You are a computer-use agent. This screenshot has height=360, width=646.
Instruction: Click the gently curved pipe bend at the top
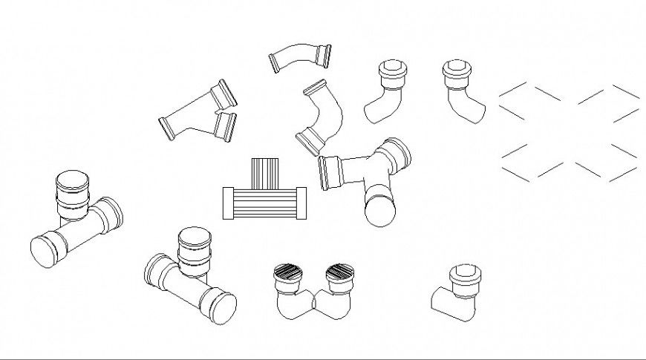(x=300, y=58)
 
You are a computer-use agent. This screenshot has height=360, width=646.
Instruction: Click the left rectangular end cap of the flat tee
(x=228, y=203)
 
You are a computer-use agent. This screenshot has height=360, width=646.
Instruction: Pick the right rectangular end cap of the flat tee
(x=302, y=203)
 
